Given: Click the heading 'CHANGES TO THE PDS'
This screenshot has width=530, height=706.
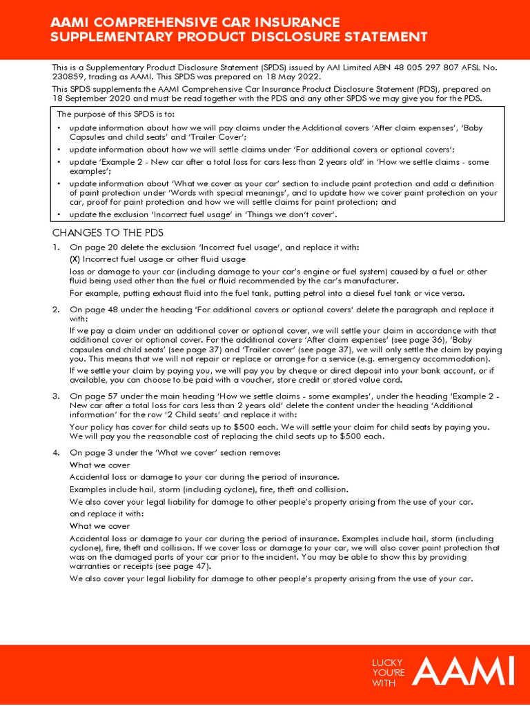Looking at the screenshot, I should click(x=108, y=233).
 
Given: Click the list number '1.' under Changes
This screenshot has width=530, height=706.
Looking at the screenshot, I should click(x=56, y=248).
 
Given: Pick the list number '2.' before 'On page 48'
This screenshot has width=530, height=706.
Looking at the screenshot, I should click(x=56, y=310).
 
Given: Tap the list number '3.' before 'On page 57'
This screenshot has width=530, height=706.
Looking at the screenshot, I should click(x=56, y=396).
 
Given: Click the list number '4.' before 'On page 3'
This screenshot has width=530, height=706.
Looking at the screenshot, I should click(x=56, y=452).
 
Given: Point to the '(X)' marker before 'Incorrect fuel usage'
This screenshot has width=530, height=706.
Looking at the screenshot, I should click(x=75, y=259).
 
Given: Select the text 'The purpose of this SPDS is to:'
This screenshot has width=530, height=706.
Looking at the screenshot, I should click(x=115, y=114).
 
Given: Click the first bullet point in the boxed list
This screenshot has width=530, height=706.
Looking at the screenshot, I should click(x=60, y=128).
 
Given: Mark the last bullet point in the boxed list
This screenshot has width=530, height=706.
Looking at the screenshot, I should click(x=60, y=215).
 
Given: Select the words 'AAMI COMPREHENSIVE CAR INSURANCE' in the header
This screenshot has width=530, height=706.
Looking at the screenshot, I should click(x=195, y=23).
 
